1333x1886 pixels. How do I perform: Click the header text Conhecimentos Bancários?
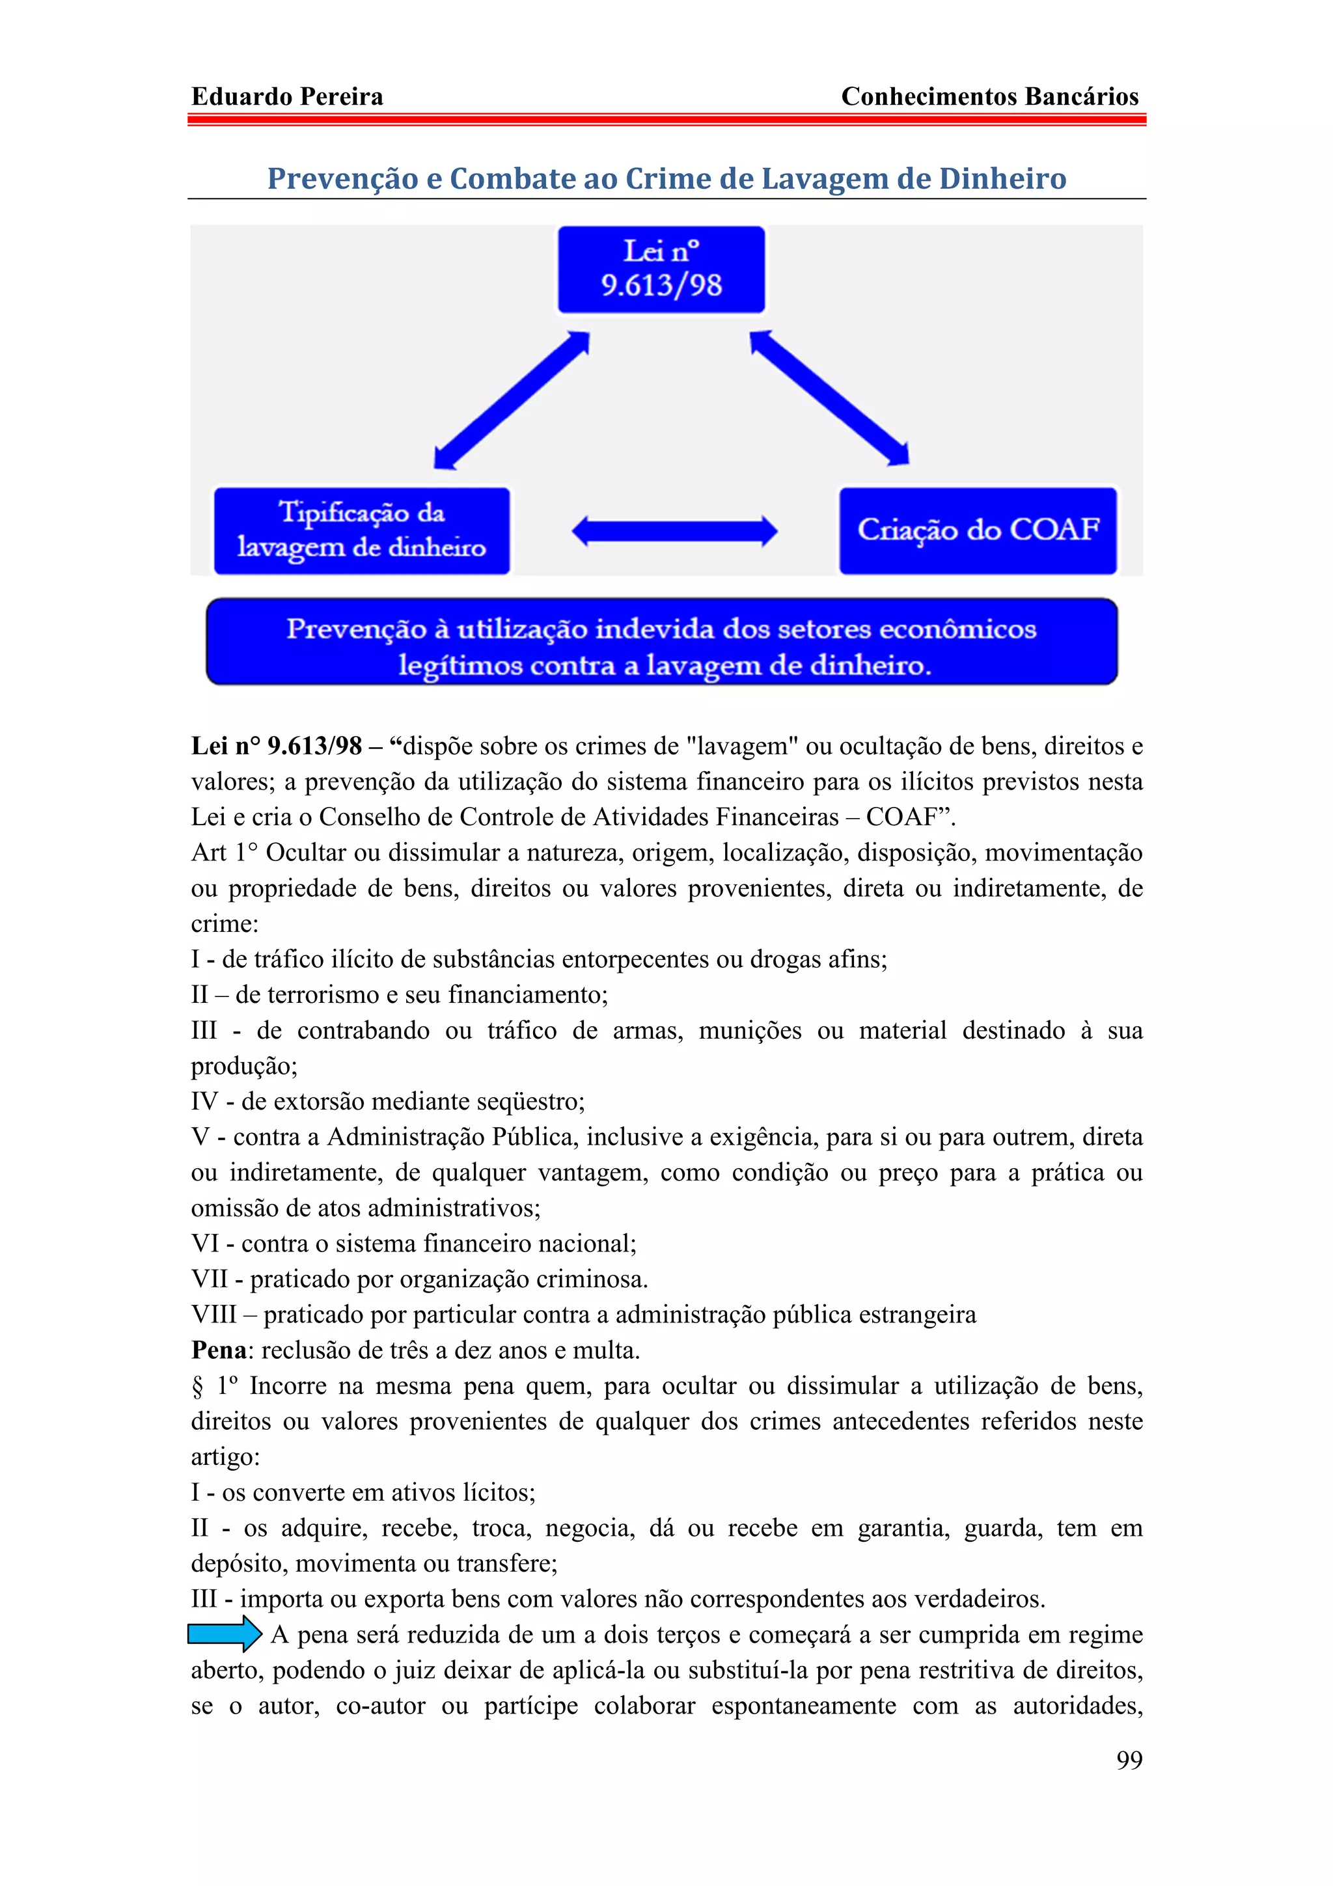(990, 97)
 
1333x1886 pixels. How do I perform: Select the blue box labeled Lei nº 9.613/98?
(661, 269)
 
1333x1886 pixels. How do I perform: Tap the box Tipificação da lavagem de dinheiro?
(361, 530)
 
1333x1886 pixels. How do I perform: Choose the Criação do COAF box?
(978, 530)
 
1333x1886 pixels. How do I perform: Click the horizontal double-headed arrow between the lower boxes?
(674, 532)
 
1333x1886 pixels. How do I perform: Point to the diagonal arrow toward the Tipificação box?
(511, 400)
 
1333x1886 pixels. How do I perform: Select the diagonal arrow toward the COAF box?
(829, 398)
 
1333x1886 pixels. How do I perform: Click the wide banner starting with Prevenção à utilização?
(662, 642)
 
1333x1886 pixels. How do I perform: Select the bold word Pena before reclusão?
(219, 1350)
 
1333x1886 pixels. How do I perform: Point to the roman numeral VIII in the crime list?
(213, 1315)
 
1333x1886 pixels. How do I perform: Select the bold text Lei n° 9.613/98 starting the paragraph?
(276, 746)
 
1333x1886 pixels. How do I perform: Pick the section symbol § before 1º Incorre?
(197, 1387)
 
